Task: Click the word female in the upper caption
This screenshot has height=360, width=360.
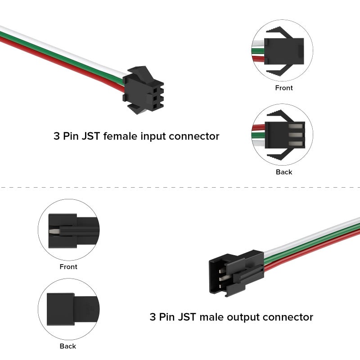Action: [119, 136]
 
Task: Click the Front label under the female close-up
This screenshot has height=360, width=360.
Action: [283, 88]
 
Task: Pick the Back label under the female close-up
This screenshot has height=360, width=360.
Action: [283, 172]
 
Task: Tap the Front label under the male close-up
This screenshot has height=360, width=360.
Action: [68, 267]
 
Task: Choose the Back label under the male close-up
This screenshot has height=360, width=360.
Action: [68, 346]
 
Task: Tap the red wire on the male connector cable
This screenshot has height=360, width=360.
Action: [315, 252]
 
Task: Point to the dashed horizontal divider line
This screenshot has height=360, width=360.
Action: [180, 186]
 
